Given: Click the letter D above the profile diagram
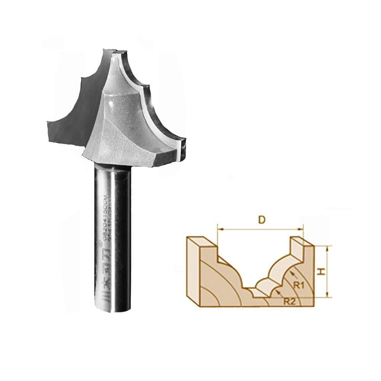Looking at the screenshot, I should [x=261, y=220].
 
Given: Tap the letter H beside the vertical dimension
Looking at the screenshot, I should [x=322, y=271].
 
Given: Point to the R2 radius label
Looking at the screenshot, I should [x=290, y=301].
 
